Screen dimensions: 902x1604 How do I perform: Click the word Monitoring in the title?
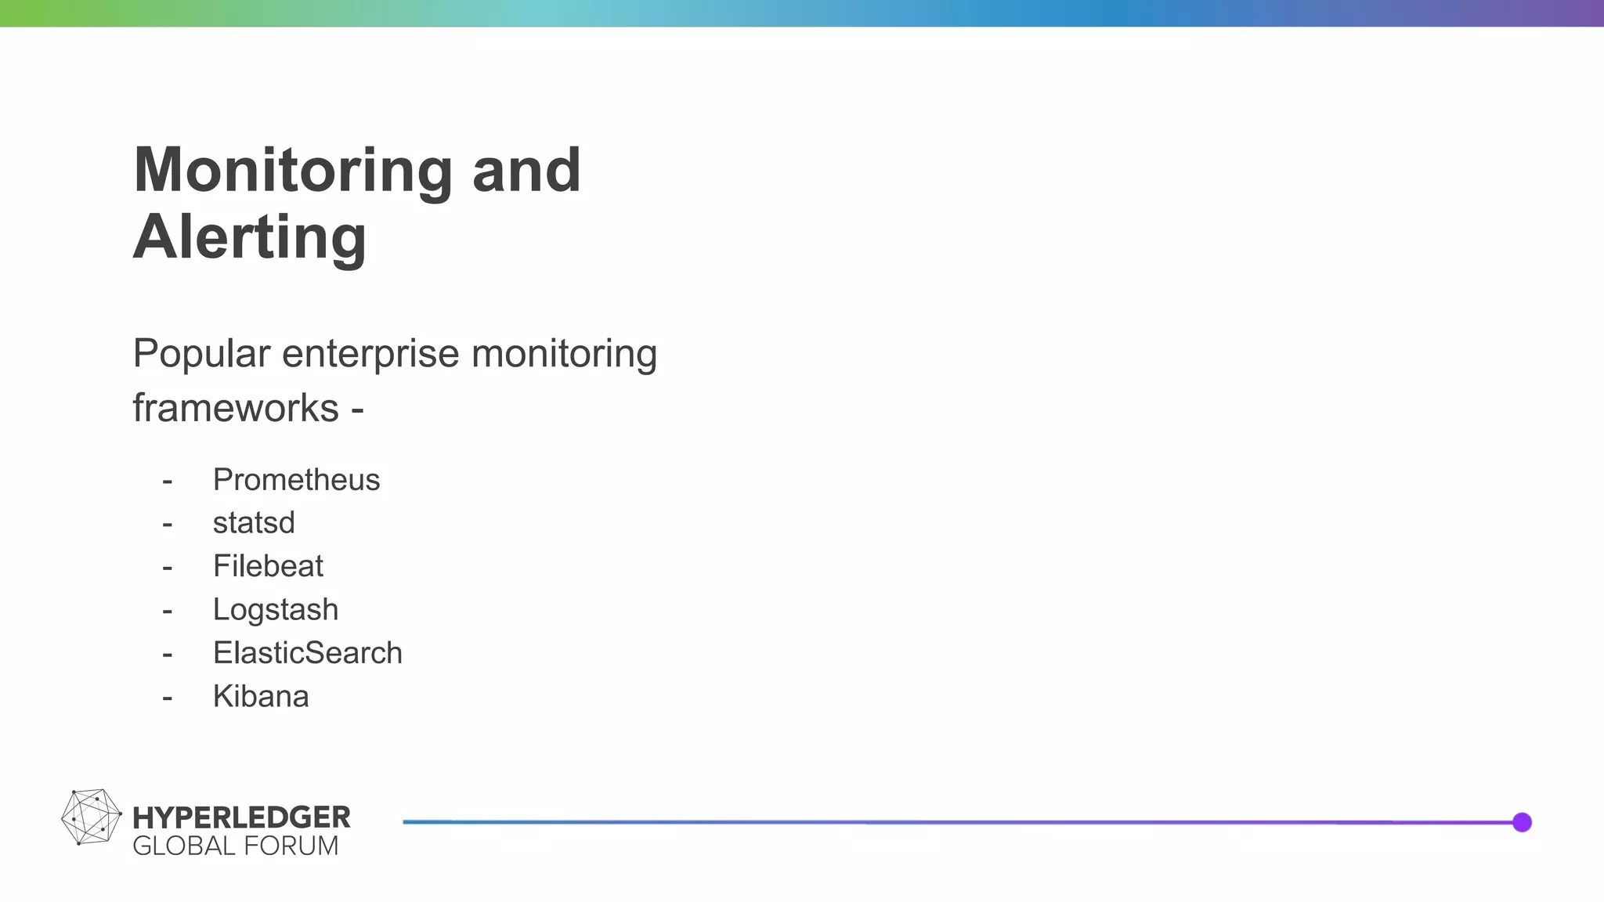(293, 171)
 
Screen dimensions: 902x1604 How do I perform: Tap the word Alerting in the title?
(250, 237)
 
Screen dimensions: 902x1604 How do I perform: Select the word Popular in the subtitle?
(201, 354)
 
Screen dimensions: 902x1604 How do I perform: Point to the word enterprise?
(370, 354)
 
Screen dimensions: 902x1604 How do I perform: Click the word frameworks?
(236, 408)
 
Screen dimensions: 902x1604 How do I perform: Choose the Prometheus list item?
(296, 480)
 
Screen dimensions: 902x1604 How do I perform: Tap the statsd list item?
(254, 523)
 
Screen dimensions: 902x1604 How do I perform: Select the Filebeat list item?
(268, 566)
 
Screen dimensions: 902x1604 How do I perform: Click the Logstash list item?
(276, 610)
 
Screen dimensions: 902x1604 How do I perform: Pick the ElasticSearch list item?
(308, 653)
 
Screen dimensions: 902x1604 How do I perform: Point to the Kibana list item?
(261, 697)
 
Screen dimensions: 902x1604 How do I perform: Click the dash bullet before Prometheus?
(167, 481)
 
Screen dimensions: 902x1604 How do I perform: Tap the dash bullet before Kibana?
(167, 698)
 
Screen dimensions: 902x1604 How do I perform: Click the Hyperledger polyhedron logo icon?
(92, 817)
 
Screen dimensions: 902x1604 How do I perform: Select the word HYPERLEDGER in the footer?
(242, 817)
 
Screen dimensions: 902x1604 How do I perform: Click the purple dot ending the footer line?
(1522, 822)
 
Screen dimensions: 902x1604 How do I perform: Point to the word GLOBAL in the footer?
(184, 846)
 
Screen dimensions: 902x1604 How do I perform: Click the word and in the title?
(526, 171)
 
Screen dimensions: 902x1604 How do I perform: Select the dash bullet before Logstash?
(167, 611)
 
